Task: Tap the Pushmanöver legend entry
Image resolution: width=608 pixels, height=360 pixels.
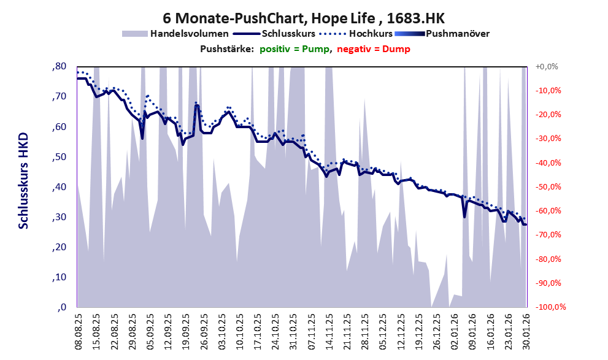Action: pyautogui.click(x=456, y=34)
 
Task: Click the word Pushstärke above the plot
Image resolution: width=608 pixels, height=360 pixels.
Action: pyautogui.click(x=226, y=49)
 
